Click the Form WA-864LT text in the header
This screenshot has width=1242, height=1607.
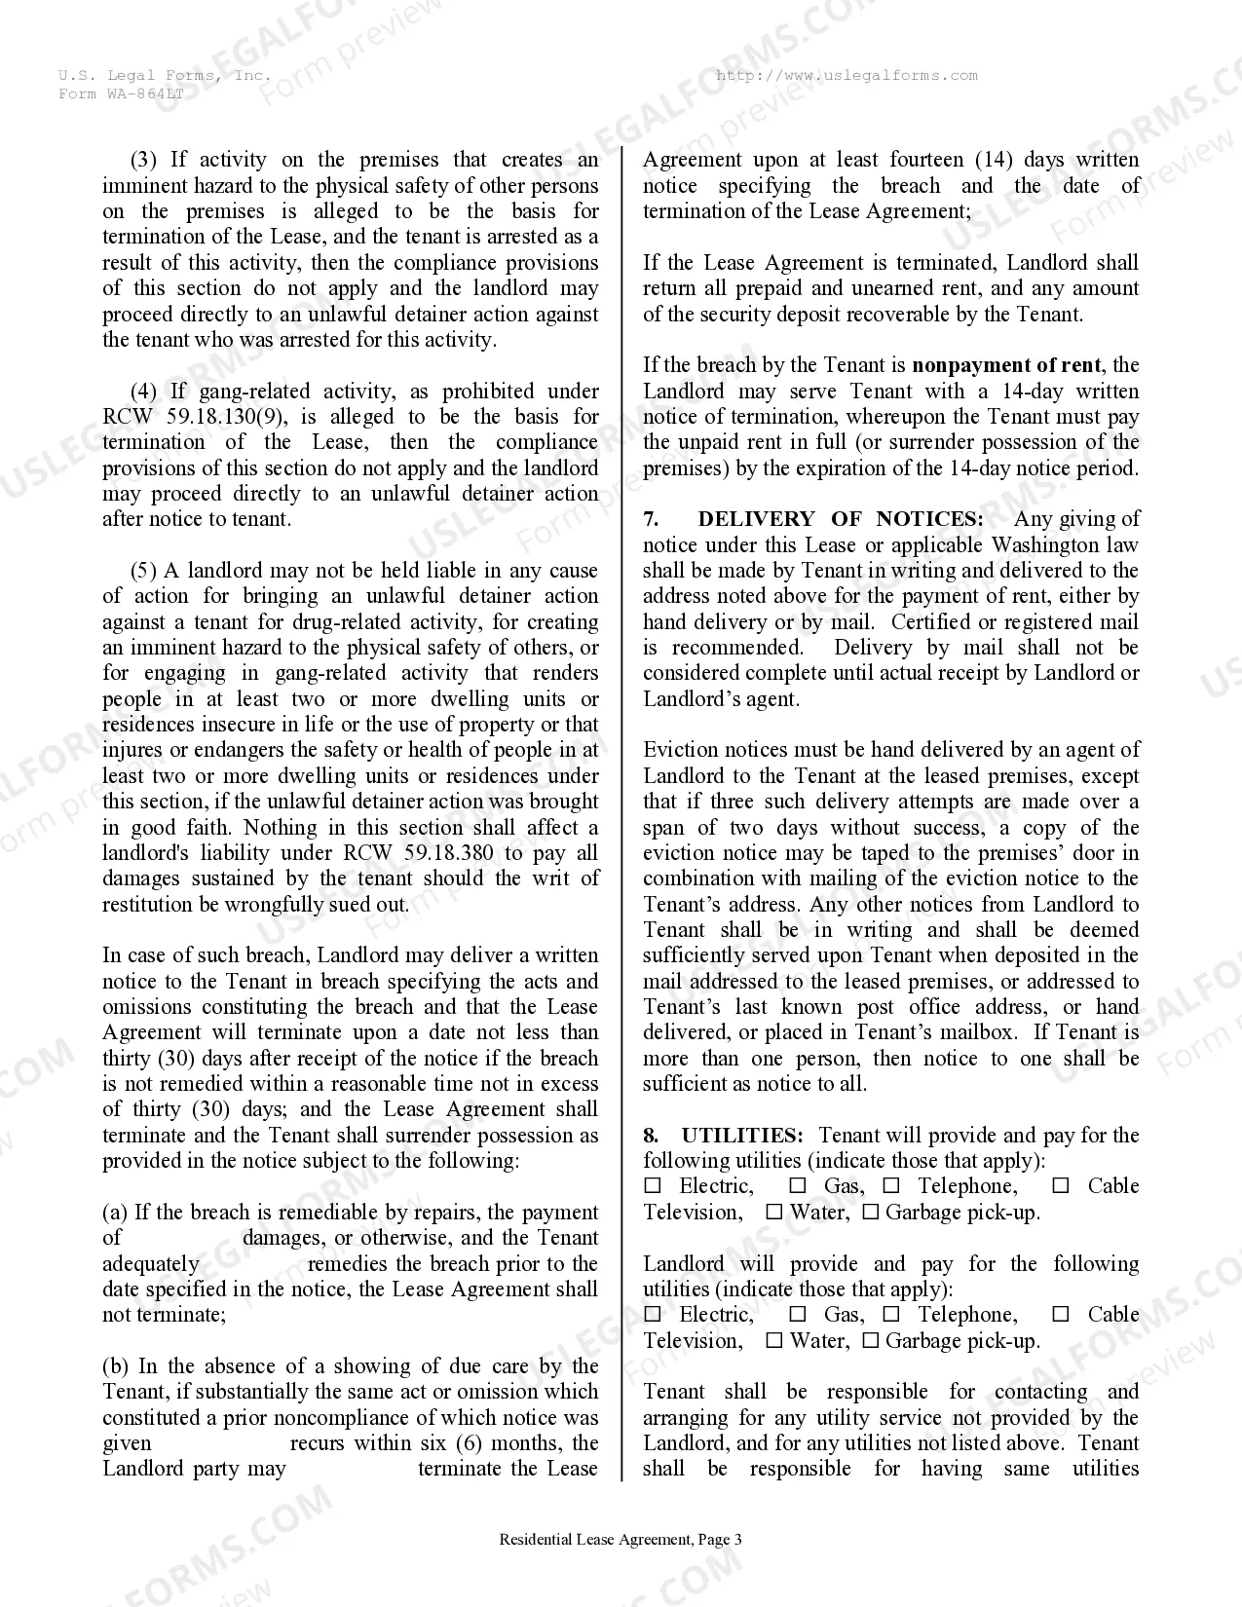(121, 93)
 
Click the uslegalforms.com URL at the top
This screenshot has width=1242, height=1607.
(847, 75)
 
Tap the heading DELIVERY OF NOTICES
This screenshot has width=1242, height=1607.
(840, 519)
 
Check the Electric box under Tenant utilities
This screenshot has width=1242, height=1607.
(653, 1186)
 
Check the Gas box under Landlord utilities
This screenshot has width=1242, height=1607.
(798, 1315)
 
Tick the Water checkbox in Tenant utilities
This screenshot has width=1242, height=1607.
(774, 1213)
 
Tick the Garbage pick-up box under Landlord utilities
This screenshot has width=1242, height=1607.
(871, 1341)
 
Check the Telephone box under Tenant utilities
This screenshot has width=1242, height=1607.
(891, 1186)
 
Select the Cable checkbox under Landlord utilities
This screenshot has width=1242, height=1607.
(1061, 1315)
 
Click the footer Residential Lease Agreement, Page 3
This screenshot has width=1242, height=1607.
(621, 1540)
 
